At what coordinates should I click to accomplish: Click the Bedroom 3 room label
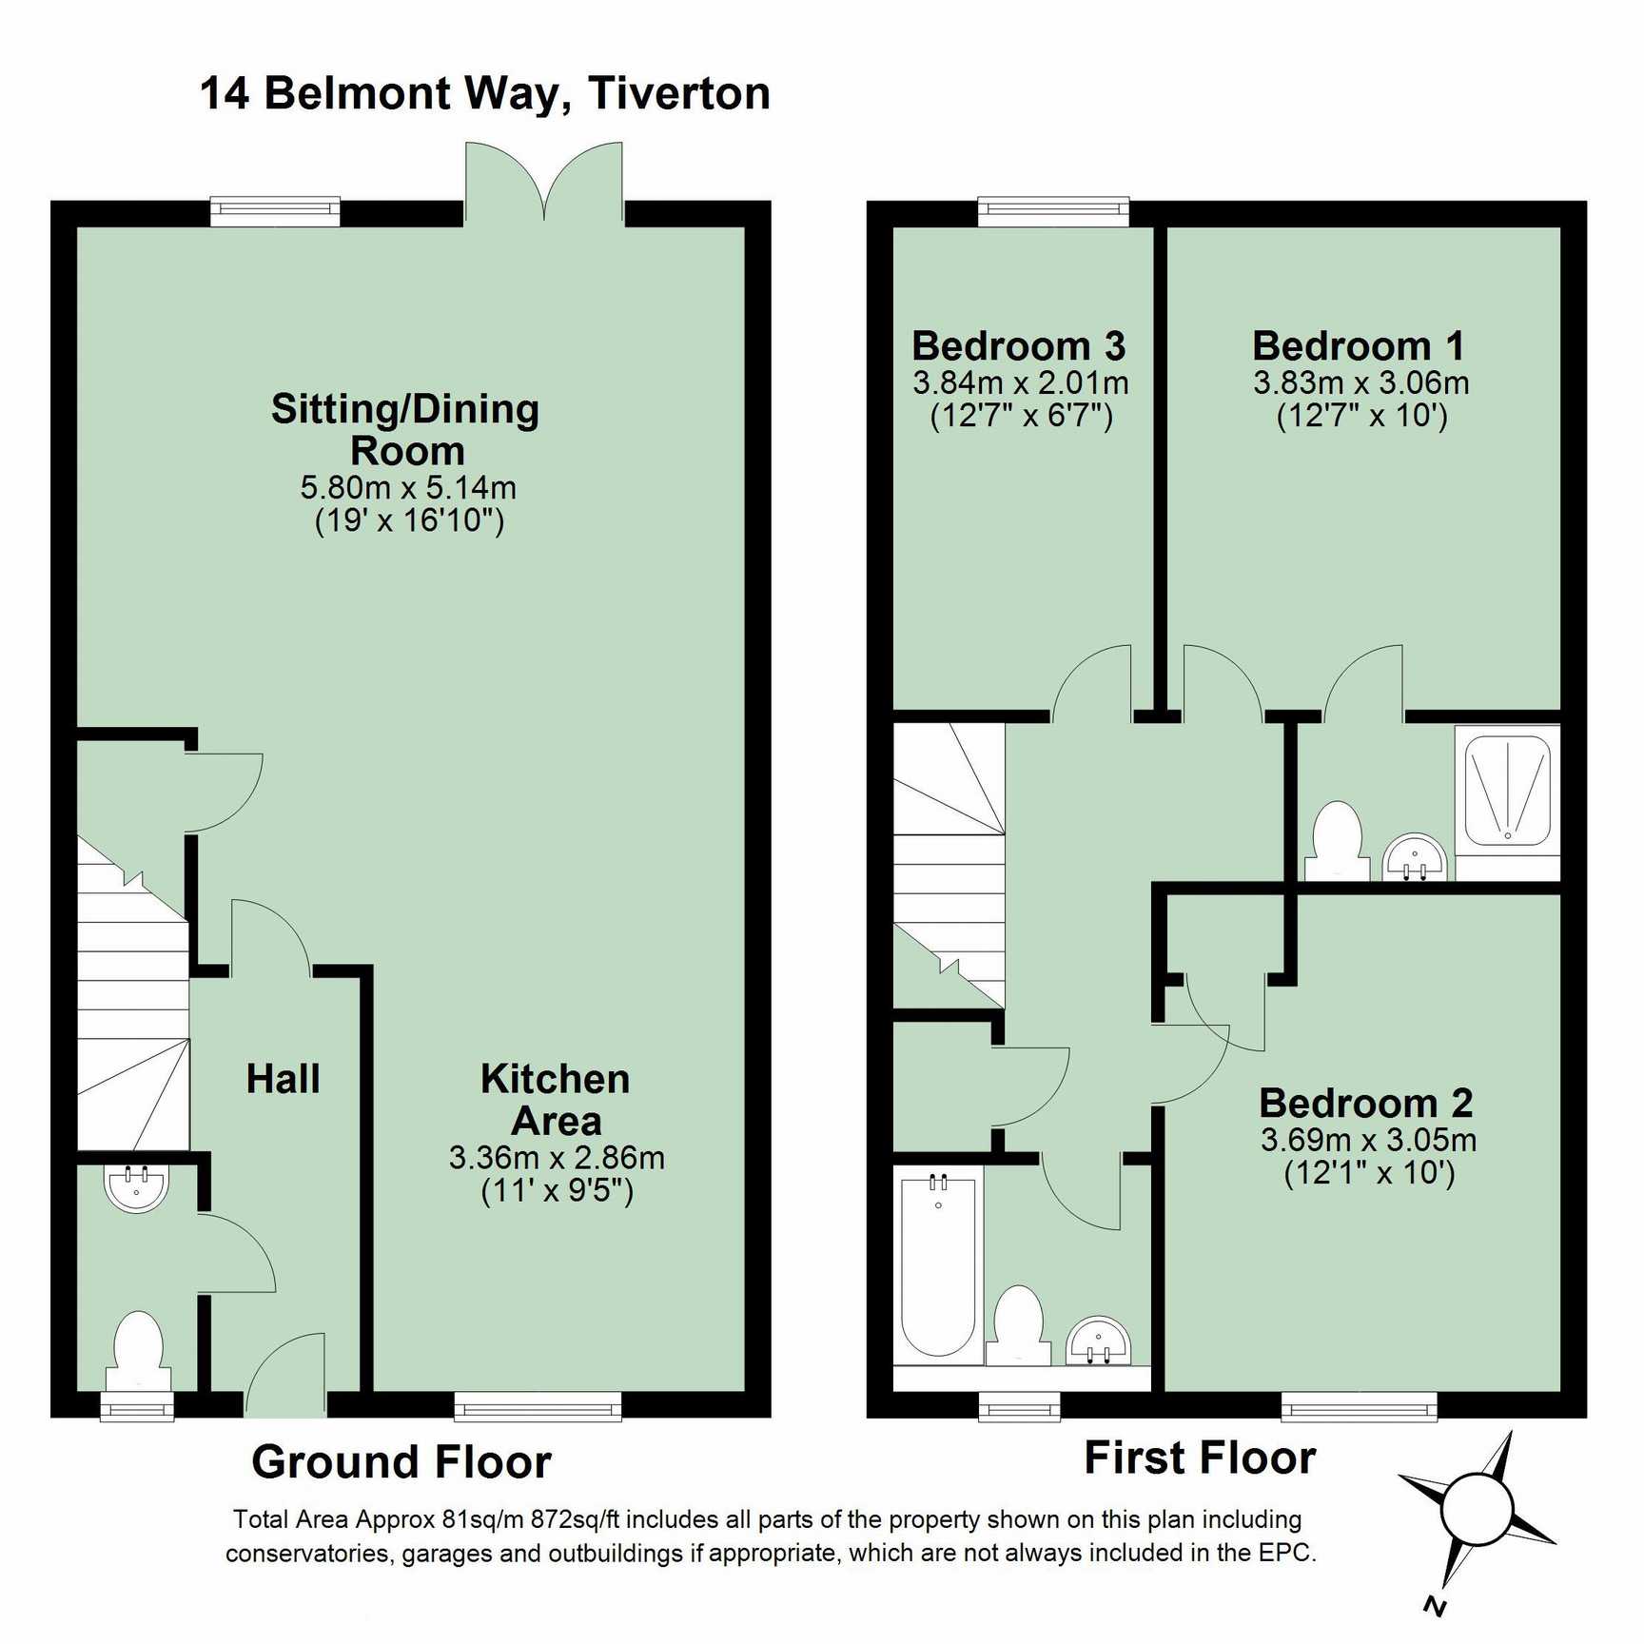coord(1018,346)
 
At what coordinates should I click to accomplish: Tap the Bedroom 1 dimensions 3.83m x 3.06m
coord(1360,382)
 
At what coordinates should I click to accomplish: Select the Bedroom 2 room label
coord(1366,1104)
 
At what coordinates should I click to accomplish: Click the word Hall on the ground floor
coord(283,1079)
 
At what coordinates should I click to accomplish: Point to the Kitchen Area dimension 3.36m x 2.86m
coord(557,1158)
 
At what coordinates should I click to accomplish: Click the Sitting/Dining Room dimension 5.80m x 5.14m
coord(408,487)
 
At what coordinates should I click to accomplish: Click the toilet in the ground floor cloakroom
coord(139,1351)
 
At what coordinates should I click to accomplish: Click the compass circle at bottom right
coord(1476,1510)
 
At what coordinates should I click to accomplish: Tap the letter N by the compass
coord(1436,1606)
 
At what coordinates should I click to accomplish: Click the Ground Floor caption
coord(401,1462)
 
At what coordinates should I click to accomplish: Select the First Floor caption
coord(1200,1458)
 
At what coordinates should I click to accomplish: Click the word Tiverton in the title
coord(679,93)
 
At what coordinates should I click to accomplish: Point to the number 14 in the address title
coord(225,93)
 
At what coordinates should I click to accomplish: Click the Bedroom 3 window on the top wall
coord(1054,211)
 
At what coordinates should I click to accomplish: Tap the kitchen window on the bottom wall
coord(538,1406)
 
